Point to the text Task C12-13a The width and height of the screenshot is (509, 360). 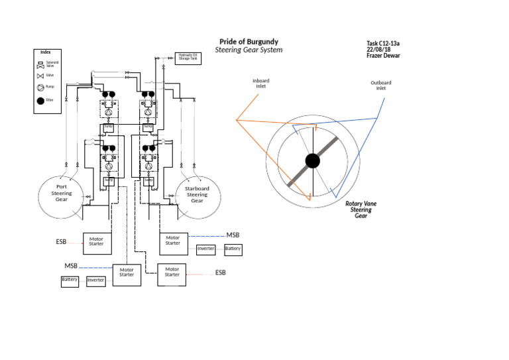(x=383, y=44)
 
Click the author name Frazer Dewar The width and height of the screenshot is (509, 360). (x=383, y=56)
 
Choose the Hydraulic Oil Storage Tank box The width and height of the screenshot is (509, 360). (x=188, y=58)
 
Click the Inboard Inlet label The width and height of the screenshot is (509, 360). (x=261, y=84)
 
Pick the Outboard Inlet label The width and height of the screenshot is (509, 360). (x=380, y=85)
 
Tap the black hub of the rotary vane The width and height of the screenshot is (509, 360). (x=312, y=160)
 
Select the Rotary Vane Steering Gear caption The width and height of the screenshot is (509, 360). (x=361, y=210)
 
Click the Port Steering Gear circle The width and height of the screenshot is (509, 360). (x=62, y=197)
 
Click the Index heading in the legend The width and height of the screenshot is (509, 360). (x=46, y=52)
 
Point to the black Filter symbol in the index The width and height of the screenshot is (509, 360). (x=40, y=101)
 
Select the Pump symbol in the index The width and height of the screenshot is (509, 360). (x=40, y=88)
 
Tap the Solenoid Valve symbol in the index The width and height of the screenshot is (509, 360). (x=40, y=65)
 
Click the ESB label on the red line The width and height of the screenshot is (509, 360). (x=220, y=272)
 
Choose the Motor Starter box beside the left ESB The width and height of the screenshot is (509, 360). (x=96, y=243)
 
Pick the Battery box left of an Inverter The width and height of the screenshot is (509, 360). (x=70, y=280)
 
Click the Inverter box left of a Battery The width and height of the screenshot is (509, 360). (x=205, y=249)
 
